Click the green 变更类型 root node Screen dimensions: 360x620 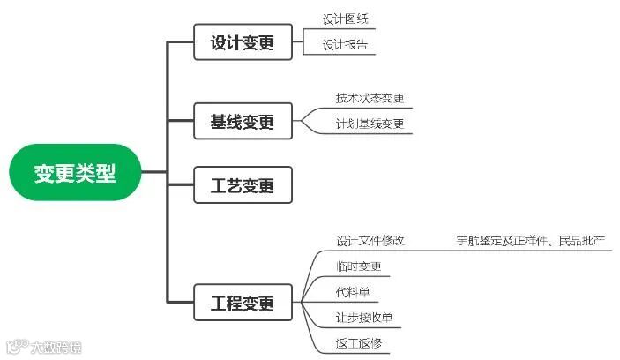pos(75,172)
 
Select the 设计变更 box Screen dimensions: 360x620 pos(242,42)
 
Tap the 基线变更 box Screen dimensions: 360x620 pos(242,121)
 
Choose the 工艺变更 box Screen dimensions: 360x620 pos(242,186)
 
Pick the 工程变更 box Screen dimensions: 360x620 pos(242,304)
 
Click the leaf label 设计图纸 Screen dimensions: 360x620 pos(345,19)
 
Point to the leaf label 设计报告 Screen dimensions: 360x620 pos(345,44)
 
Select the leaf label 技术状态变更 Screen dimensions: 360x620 pos(370,98)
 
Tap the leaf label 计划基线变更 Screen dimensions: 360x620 pos(370,124)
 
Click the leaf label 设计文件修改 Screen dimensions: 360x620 pos(370,240)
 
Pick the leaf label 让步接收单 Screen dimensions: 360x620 pos(363,317)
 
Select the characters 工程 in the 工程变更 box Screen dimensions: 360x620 pos(226,304)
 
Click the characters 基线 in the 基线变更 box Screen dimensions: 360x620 pos(226,121)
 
